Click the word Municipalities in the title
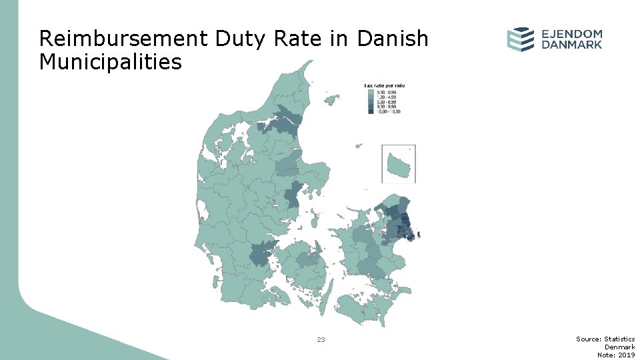[x=110, y=62]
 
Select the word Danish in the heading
[x=393, y=39]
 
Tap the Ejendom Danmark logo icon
[x=520, y=39]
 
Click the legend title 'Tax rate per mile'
[x=385, y=85]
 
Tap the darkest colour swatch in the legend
[x=371, y=112]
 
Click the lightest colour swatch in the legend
[x=371, y=93]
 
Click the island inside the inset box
[x=399, y=163]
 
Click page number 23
[x=321, y=340]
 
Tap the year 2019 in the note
[x=626, y=355]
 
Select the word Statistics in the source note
[x=620, y=339]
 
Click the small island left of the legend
[x=331, y=101]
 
